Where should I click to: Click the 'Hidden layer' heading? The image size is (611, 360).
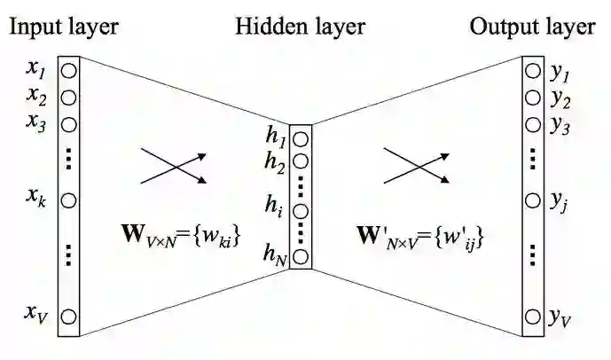click(300, 27)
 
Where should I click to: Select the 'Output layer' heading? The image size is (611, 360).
click(532, 27)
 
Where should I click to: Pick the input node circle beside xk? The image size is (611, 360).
click(68, 200)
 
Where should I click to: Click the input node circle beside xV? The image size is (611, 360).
click(68, 315)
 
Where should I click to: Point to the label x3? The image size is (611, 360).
click(35, 122)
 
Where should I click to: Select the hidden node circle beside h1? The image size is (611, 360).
click(302, 139)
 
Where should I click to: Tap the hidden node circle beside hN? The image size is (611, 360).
click(302, 257)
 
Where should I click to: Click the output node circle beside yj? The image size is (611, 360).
click(531, 201)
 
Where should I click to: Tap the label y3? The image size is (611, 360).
click(559, 125)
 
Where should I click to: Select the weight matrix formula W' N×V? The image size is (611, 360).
click(419, 237)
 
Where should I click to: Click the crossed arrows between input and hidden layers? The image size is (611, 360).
click(175, 165)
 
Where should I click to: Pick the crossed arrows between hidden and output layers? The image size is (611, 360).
click(413, 165)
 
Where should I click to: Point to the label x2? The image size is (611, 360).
click(35, 95)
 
